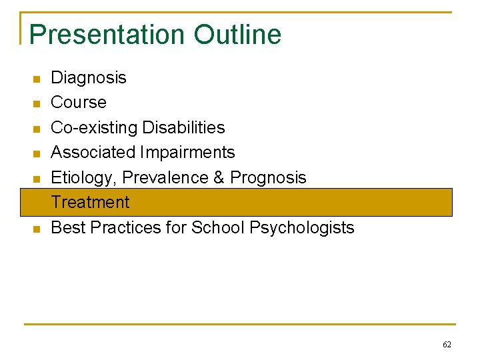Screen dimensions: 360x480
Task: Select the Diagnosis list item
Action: coord(89,78)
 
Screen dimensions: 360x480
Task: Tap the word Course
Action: coord(79,103)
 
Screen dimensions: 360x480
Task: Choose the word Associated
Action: coord(93,153)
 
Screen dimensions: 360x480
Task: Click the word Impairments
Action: coord(187,153)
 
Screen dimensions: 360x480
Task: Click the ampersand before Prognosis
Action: coord(217,178)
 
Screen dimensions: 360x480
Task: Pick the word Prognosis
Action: coord(268,178)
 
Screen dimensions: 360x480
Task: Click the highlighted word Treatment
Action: coord(91,202)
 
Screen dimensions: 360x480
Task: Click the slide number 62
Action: coord(447,345)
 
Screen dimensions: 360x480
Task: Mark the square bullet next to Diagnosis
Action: coord(37,79)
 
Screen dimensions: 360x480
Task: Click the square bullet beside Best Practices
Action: coord(37,229)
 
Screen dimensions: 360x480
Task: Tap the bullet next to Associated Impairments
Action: coord(37,154)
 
